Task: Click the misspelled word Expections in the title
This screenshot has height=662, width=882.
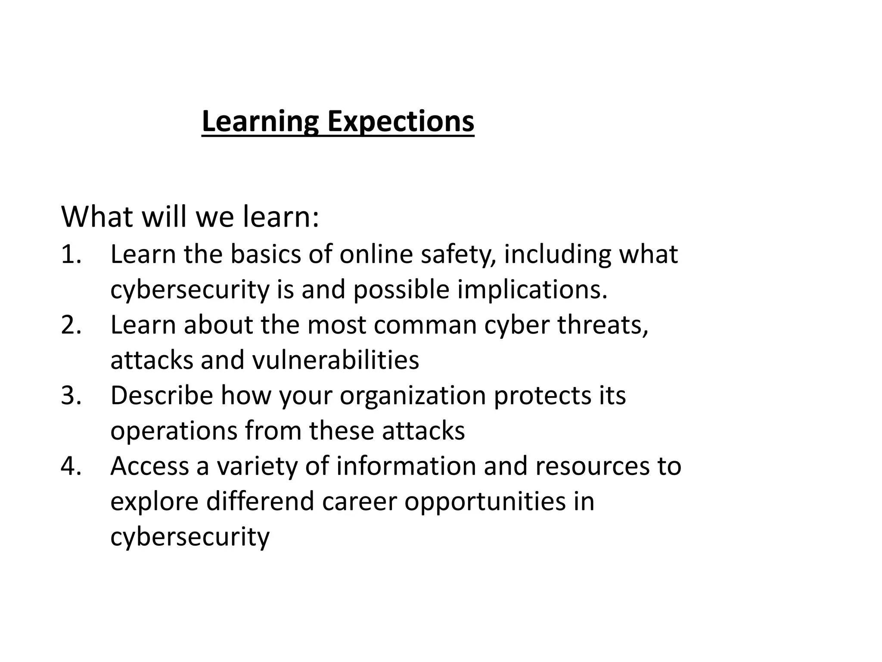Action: tap(401, 122)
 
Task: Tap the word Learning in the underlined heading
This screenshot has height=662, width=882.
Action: tap(260, 122)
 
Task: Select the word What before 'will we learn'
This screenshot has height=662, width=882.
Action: tap(97, 217)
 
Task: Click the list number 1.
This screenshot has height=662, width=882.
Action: tap(71, 254)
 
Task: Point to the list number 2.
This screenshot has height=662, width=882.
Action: tap(71, 325)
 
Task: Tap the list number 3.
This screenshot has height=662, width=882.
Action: tap(71, 395)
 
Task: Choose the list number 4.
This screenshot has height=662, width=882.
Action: tap(71, 466)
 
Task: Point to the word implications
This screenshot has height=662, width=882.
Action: tap(532, 290)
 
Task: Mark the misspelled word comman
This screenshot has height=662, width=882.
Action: tap(425, 325)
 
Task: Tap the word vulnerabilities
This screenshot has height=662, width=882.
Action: tap(335, 360)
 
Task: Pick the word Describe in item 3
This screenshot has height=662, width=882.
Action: tap(161, 395)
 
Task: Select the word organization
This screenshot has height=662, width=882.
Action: tap(413, 396)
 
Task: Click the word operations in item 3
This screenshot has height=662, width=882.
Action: tap(174, 431)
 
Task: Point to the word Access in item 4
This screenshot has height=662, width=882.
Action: tap(149, 466)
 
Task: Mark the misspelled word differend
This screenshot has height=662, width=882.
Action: tap(260, 501)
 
